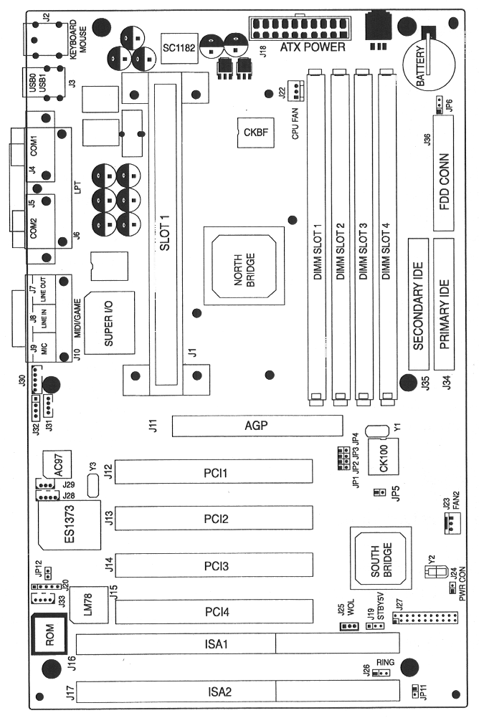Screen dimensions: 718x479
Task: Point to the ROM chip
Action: pyautogui.click(x=49, y=635)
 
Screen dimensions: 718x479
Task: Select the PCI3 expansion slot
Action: pyautogui.click(x=215, y=566)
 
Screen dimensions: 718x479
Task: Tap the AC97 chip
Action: pyautogui.click(x=62, y=466)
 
